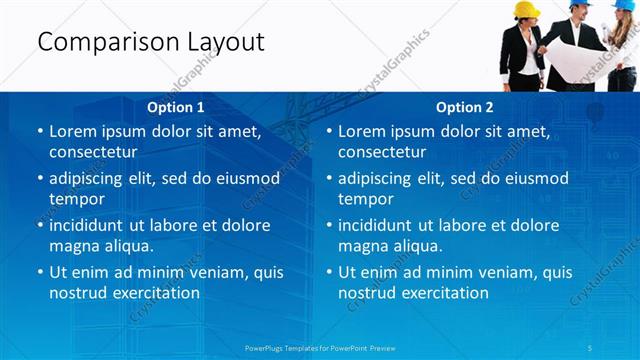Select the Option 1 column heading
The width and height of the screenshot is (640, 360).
176,107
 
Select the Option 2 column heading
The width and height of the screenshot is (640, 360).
465,107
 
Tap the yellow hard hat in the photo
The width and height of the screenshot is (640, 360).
527,10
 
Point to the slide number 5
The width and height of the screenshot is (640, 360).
591,347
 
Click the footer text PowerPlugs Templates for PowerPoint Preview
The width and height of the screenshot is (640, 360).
319,347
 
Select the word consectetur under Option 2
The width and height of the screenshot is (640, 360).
382,152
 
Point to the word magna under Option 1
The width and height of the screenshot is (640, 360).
73,246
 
